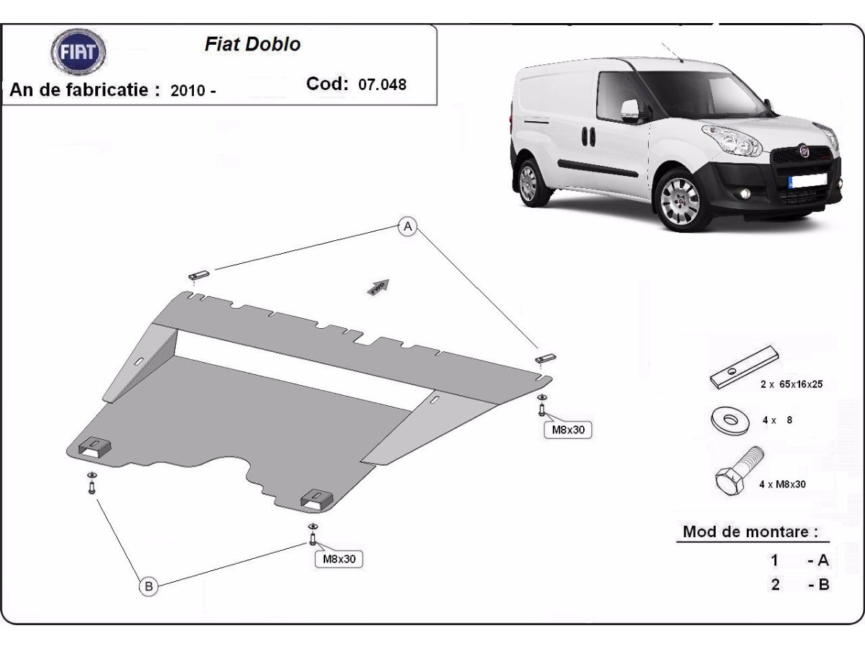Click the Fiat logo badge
click(78, 52)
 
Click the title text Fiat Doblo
click(252, 44)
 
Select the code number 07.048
click(382, 84)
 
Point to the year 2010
click(188, 91)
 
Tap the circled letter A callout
click(407, 226)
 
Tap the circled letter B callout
click(148, 586)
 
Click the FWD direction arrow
click(378, 287)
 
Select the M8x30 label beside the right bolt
click(567, 430)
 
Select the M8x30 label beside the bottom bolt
click(339, 559)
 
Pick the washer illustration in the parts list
click(729, 420)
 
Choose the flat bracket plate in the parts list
click(744, 367)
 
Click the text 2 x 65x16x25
click(791, 384)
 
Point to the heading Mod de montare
click(750, 531)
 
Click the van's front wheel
click(680, 201)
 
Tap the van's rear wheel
click(529, 183)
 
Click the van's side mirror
click(630, 111)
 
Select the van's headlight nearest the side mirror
click(732, 141)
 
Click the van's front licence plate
click(807, 181)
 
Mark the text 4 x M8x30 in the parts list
click(782, 485)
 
